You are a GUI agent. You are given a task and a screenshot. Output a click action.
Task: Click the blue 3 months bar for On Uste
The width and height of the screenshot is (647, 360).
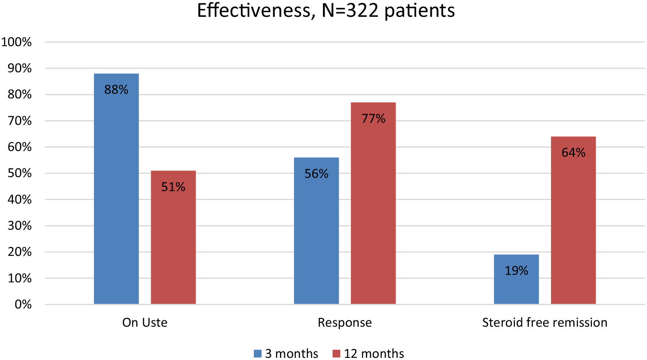(x=116, y=189)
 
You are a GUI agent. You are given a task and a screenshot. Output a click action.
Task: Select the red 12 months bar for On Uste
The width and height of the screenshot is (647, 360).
(x=173, y=237)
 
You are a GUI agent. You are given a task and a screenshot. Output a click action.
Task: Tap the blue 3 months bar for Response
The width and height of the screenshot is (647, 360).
(x=317, y=231)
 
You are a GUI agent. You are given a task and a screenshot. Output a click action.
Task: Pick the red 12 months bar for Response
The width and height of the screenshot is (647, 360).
(x=373, y=203)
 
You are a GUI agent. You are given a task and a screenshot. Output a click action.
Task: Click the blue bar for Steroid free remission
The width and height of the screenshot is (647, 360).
(x=516, y=279)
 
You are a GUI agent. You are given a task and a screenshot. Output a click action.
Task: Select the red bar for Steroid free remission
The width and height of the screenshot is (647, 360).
(x=573, y=220)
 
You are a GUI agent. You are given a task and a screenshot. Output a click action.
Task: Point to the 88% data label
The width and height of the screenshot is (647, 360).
(x=116, y=89)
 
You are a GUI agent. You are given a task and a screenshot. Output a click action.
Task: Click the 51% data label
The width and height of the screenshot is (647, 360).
(x=173, y=187)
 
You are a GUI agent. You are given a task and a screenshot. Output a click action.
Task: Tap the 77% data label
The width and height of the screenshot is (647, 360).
(x=373, y=118)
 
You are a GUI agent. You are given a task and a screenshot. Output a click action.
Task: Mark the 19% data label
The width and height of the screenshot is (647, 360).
(x=516, y=271)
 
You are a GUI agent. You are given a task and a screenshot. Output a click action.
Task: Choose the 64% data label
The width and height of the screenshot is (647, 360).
(x=573, y=153)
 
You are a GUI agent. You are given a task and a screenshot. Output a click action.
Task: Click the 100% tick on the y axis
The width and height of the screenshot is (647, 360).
(x=16, y=42)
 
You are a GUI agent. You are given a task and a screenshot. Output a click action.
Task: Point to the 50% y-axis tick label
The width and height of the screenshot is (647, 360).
(x=20, y=173)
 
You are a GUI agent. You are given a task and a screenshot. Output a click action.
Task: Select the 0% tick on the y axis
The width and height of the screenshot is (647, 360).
(x=23, y=305)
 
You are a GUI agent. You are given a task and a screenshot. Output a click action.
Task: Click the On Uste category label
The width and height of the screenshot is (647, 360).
(x=145, y=322)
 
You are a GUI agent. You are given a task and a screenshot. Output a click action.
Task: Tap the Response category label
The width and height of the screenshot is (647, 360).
(x=345, y=323)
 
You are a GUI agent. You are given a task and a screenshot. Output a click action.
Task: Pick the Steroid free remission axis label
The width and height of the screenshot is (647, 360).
(x=545, y=322)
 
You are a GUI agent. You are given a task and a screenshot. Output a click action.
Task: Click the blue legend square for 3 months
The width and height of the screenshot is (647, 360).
(x=258, y=354)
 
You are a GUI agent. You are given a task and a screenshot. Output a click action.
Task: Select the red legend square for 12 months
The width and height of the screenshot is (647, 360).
(x=336, y=354)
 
